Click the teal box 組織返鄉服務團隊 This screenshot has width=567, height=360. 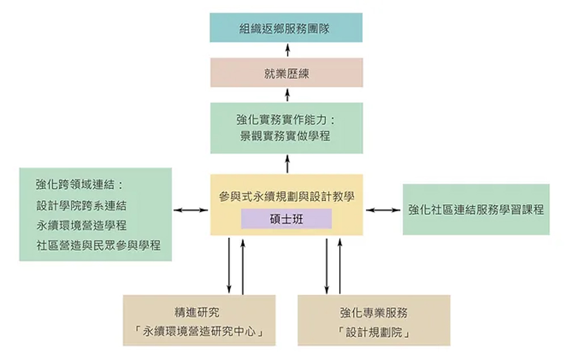pyautogui.click(x=286, y=28)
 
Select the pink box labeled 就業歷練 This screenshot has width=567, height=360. pyautogui.click(x=286, y=73)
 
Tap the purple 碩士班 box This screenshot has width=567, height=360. pyautogui.click(x=286, y=219)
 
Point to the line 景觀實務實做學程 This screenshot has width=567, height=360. pyautogui.click(x=286, y=136)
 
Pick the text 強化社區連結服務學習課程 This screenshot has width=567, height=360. pyautogui.click(x=476, y=210)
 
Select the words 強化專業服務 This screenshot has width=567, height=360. pyautogui.click(x=374, y=312)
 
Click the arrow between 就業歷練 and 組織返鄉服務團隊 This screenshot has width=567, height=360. pyautogui.click(x=287, y=50)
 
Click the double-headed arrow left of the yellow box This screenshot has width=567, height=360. pyautogui.click(x=191, y=210)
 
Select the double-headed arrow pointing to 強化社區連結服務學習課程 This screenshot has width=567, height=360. pyautogui.click(x=384, y=210)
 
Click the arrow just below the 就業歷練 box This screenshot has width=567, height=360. pyautogui.click(x=287, y=95)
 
